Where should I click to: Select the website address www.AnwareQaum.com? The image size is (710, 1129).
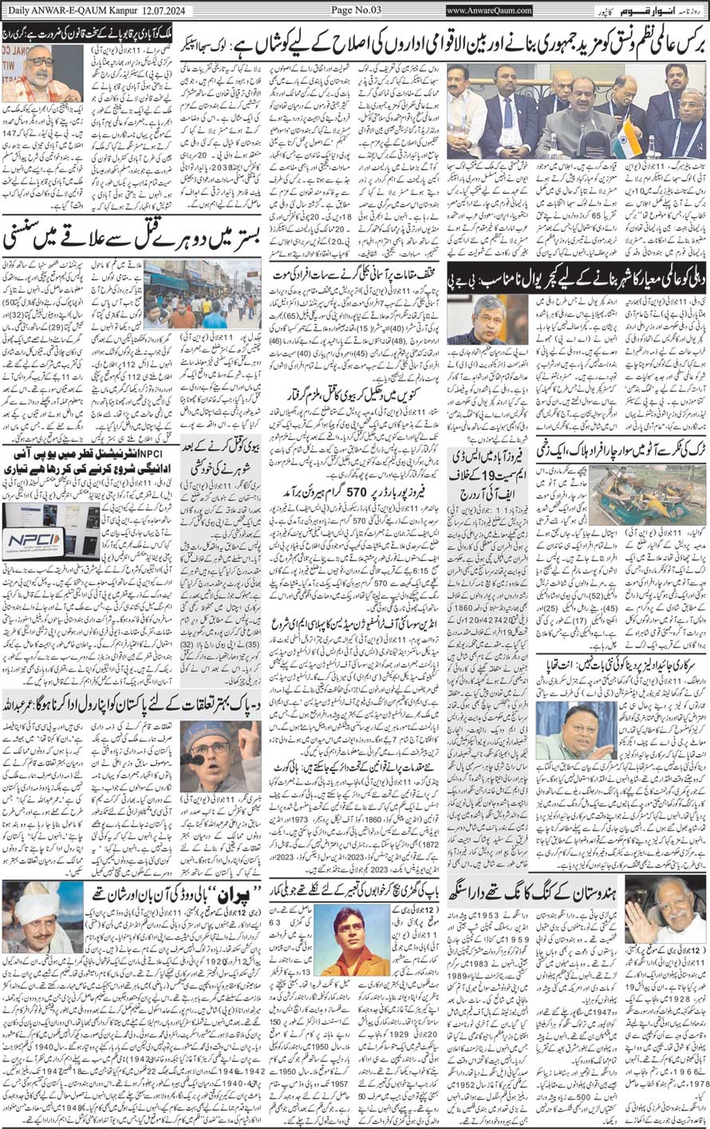tap(489, 10)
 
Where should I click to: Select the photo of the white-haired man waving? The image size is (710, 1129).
tap(665, 909)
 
